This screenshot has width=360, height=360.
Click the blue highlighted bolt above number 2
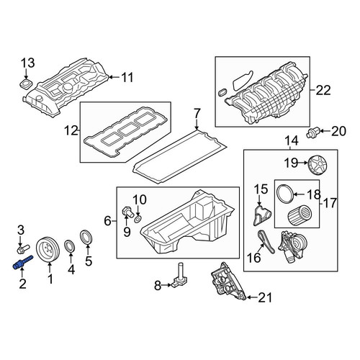click(22, 262)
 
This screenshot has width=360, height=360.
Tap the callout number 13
click(28, 63)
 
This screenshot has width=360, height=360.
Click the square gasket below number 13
click(25, 84)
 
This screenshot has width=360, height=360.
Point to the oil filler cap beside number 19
click(318, 166)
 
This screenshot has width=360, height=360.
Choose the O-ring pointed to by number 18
click(285, 194)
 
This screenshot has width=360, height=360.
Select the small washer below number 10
click(138, 218)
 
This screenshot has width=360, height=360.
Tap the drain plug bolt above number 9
click(128, 212)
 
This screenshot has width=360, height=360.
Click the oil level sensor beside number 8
click(181, 276)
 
